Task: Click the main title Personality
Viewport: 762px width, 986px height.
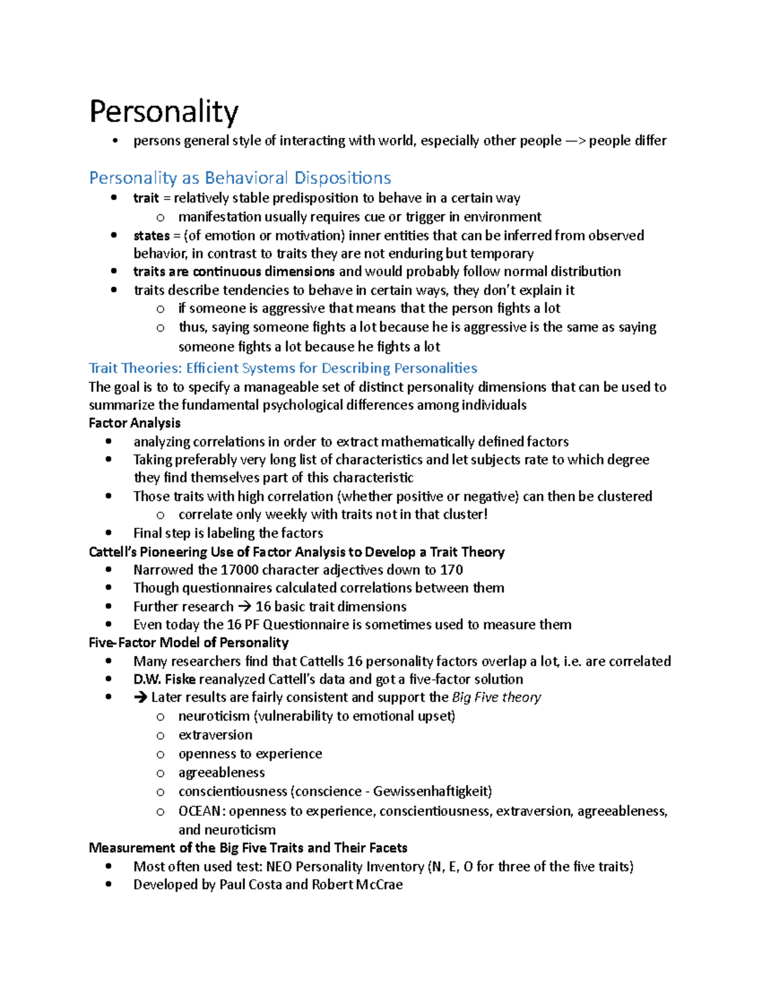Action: tap(164, 112)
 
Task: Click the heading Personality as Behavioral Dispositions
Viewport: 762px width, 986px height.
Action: tap(240, 178)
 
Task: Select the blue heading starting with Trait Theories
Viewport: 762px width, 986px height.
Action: tap(283, 368)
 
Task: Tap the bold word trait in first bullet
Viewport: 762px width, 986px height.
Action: tap(145, 198)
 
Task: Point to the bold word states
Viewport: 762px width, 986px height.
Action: tap(151, 236)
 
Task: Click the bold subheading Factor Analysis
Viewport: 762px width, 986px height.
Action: tap(135, 423)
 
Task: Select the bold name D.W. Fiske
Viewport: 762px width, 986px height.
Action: tap(164, 679)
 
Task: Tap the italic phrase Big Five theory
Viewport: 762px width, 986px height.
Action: tap(497, 697)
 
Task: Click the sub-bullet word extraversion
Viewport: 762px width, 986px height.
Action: tap(215, 735)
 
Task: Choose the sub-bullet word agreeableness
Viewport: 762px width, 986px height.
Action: tap(222, 773)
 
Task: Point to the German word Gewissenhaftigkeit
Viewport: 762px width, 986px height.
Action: tap(432, 792)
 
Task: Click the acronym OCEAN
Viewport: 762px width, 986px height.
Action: tap(199, 811)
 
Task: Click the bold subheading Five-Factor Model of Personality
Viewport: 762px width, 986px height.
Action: tap(189, 643)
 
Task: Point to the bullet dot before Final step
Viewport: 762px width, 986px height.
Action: tap(110, 533)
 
